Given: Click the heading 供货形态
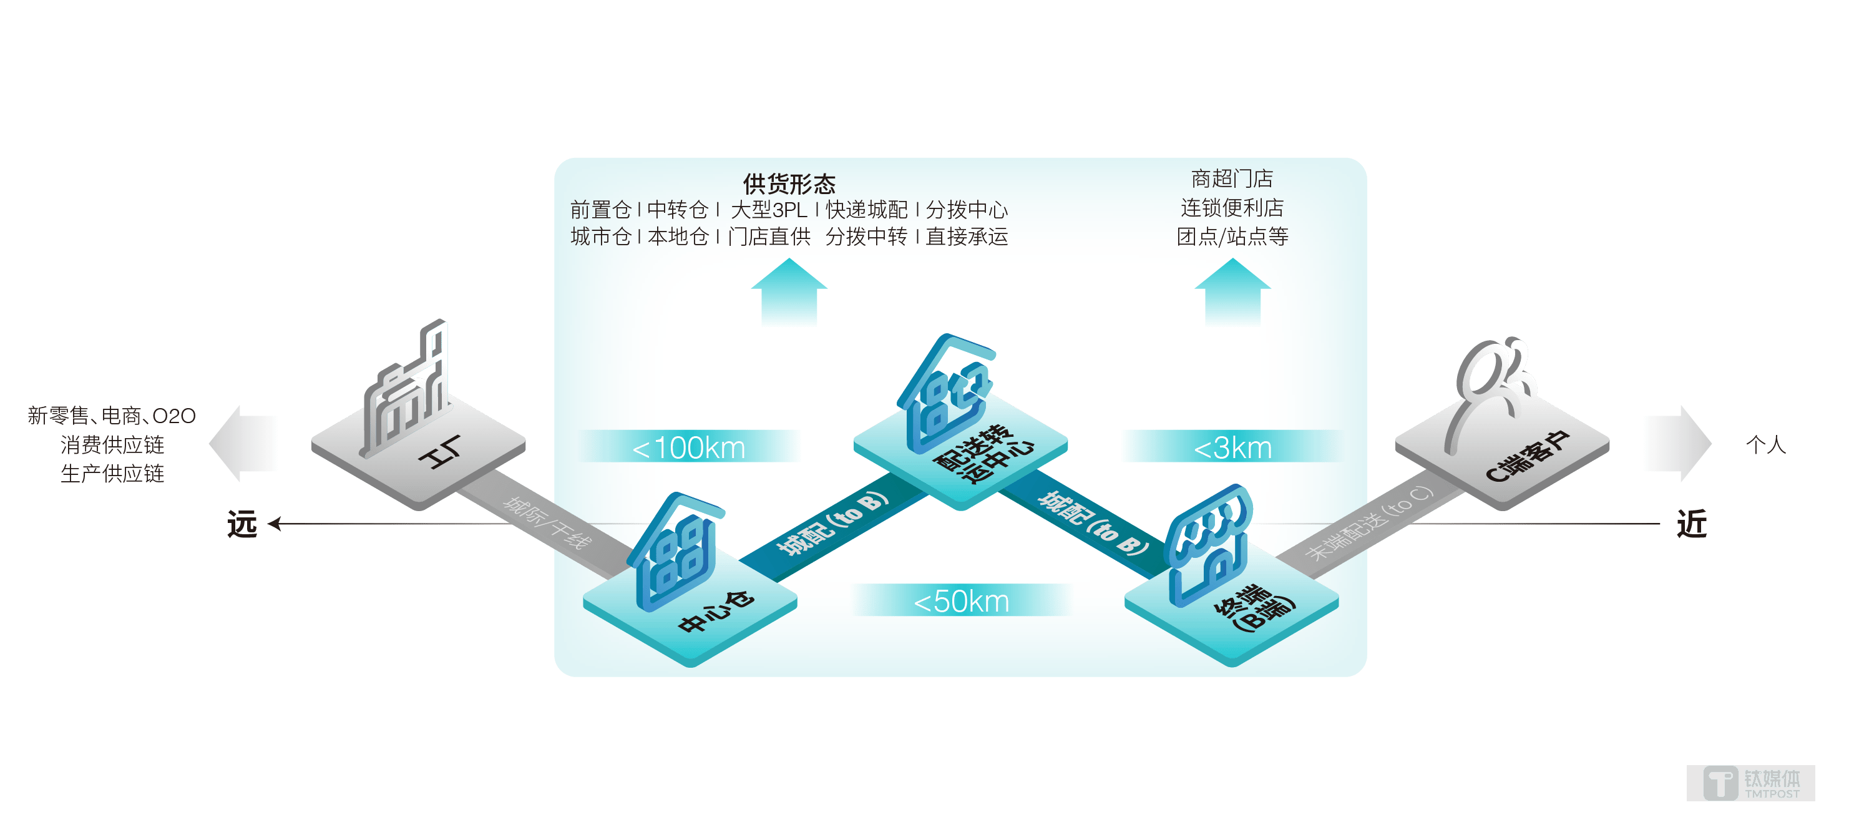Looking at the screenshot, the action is coord(789,184).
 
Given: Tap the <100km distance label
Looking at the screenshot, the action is coord(688,447).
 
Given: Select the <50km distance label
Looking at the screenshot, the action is coord(961,601).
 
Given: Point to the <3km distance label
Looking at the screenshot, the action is coord(1232,447).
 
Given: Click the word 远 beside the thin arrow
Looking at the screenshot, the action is coord(242,524).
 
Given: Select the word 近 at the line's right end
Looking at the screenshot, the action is coord(1691,524).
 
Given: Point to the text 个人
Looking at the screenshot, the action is coord(1766,444).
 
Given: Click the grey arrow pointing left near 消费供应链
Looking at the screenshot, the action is coord(243,444).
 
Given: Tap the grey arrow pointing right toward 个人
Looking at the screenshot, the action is coord(1678,444).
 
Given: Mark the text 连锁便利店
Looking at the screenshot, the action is coord(1232,207).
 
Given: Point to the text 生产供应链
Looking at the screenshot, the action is coord(113,474).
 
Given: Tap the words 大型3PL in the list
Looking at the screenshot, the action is coord(769,210).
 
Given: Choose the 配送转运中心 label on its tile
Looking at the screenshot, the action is coord(983,454).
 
